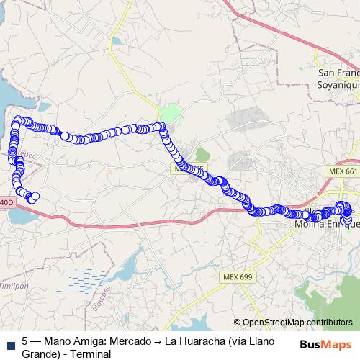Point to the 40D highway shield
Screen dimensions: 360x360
(x=6, y=204)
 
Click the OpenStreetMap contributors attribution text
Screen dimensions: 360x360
(x=297, y=322)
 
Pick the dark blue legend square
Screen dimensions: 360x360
(x=9, y=343)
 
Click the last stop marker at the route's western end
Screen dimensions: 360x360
(x=34, y=197)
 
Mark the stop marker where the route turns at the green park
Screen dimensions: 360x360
(x=162, y=127)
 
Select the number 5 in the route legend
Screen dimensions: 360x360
(x=25, y=339)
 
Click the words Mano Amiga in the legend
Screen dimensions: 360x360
(x=74, y=339)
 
